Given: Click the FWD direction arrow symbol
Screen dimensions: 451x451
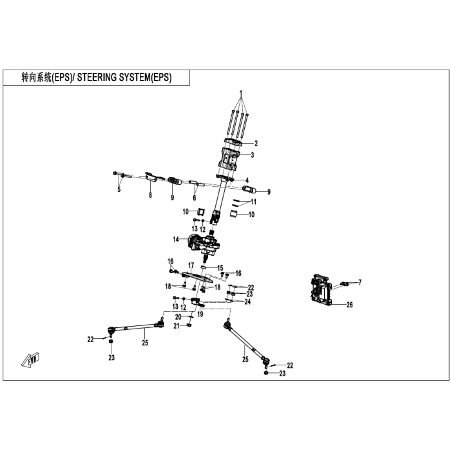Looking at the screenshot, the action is [30, 360].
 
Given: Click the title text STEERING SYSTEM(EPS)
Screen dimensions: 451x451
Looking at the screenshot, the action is [124, 77].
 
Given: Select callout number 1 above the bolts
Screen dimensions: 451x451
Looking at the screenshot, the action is [241, 93].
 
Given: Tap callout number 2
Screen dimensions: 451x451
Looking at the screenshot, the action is [256, 143].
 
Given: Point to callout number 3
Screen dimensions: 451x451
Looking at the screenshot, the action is [253, 155].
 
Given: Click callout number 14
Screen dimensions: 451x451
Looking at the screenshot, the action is [176, 239].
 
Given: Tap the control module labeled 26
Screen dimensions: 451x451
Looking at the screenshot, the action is [321, 289].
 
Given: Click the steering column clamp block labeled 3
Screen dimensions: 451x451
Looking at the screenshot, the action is [229, 158].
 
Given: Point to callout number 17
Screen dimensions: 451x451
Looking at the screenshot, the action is [191, 265].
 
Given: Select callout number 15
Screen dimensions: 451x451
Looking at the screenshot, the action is [220, 268].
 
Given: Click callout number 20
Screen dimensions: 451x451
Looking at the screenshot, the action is [178, 317].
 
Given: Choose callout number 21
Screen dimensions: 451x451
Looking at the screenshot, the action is [177, 326].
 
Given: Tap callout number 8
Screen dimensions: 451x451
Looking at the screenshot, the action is [150, 195].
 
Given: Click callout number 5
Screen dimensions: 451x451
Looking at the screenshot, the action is [119, 189].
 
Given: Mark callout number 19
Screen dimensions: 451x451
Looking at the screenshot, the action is [200, 314].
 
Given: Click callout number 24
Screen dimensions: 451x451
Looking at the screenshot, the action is [247, 302].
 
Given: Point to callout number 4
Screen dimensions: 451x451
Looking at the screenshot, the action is [247, 180].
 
